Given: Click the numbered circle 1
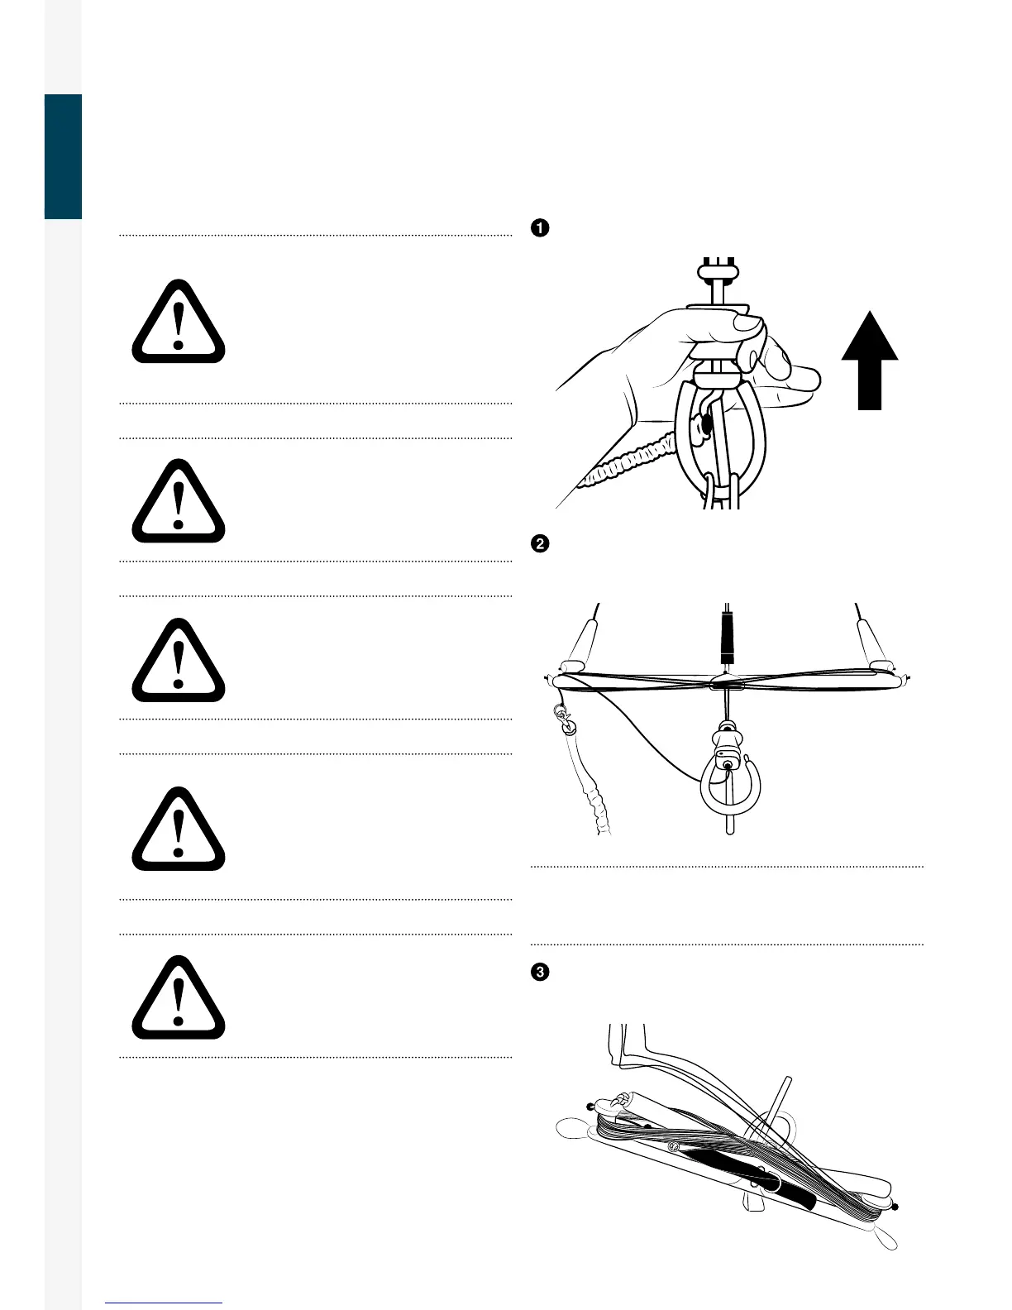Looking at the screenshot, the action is tap(540, 228).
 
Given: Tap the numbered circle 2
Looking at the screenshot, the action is tap(540, 544).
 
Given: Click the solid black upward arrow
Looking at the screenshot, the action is tap(870, 361).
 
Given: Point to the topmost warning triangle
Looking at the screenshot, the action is tap(179, 322).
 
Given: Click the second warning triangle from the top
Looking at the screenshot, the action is tap(179, 501).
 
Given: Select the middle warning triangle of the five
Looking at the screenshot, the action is tap(179, 660).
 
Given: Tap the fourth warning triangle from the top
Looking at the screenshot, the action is tap(179, 829).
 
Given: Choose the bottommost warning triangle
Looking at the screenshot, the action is tap(179, 997).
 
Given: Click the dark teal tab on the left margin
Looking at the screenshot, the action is tap(64, 157).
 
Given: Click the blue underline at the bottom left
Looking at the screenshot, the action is tap(164, 1303).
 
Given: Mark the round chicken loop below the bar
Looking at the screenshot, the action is tap(731, 784).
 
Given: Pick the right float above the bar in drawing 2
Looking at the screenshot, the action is tap(873, 646).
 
